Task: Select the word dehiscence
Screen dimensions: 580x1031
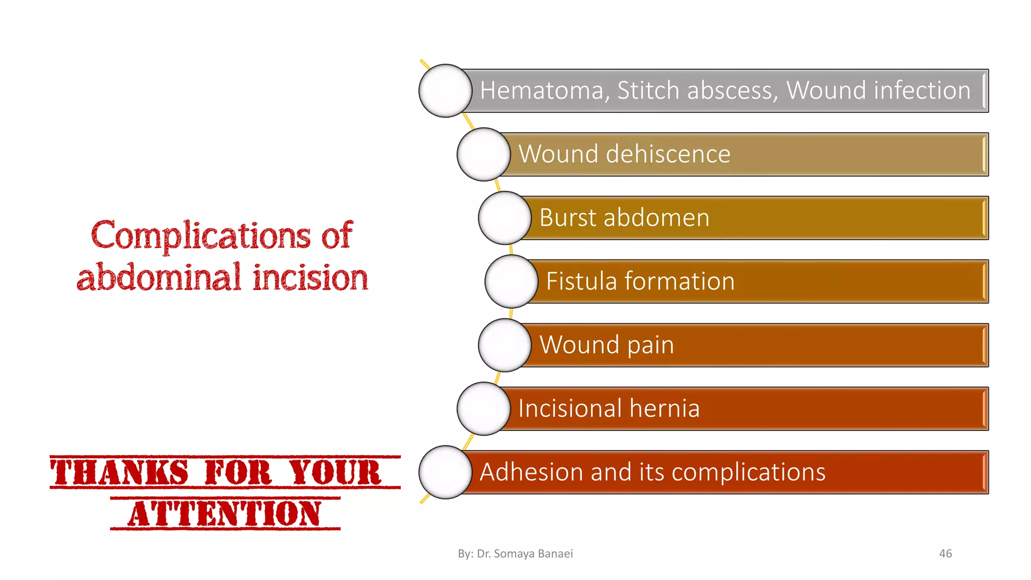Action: (668, 154)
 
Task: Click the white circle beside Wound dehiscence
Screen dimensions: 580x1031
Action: (484, 155)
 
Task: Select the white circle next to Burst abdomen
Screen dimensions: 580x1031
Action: (504, 218)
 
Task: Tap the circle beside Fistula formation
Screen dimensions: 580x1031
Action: (511, 281)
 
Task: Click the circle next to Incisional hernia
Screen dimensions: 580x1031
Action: (484, 409)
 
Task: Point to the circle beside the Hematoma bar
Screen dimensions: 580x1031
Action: (445, 91)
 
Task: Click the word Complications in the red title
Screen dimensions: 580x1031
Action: (201, 236)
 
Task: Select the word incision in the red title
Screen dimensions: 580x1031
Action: (310, 278)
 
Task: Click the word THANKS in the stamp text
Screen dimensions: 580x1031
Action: (120, 473)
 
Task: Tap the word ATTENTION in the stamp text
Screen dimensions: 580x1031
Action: (225, 514)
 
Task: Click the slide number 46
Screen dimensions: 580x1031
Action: (945, 553)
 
